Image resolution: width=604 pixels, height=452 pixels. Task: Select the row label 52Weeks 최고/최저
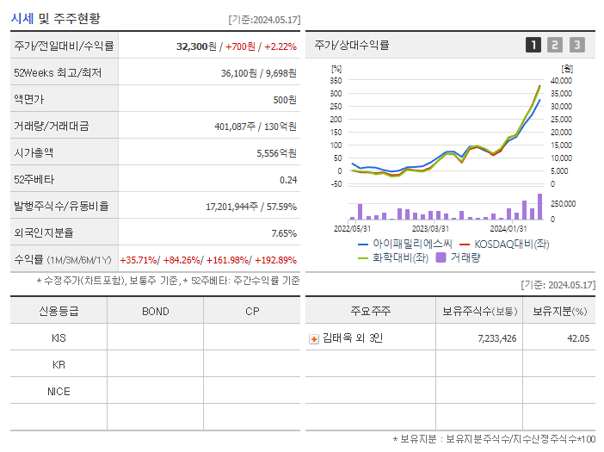click(x=58, y=73)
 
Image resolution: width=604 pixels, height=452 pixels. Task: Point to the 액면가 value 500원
click(x=285, y=100)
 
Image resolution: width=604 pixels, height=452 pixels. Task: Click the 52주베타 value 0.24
click(x=287, y=180)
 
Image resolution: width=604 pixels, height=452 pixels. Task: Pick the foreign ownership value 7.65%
click(x=283, y=233)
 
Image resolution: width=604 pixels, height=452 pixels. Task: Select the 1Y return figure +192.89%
click(x=276, y=260)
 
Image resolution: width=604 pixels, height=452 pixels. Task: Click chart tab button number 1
click(x=533, y=46)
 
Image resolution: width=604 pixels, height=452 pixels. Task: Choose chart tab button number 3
click(x=576, y=46)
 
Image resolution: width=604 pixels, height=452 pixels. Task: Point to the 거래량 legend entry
click(x=465, y=257)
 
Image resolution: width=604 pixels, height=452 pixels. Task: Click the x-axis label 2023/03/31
click(x=430, y=229)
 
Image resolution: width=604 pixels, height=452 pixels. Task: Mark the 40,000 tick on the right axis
click(x=560, y=80)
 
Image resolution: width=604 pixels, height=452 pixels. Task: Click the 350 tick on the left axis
click(x=336, y=80)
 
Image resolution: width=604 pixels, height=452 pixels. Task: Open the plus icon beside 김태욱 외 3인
click(x=314, y=338)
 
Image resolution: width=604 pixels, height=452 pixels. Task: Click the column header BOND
click(x=155, y=311)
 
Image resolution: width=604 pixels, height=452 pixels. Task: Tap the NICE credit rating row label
click(x=59, y=391)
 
